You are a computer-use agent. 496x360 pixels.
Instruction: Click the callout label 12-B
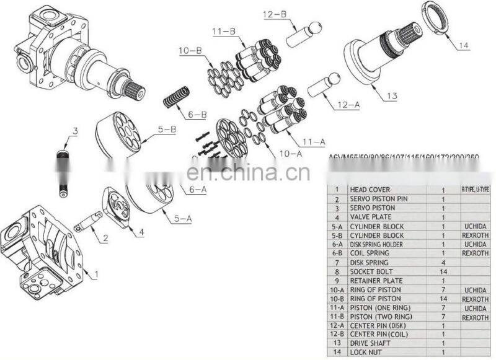pyautogui.click(x=276, y=14)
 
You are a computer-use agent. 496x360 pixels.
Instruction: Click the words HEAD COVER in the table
pyautogui.click(x=371, y=190)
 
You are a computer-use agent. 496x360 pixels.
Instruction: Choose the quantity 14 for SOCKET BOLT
pyautogui.click(x=443, y=271)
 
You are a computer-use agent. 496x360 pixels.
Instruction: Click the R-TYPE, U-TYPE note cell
pyautogui.click(x=475, y=190)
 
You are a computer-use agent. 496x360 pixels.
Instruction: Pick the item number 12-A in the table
pyautogui.click(x=337, y=325)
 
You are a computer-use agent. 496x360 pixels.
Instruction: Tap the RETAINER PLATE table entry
pyautogui.click(x=376, y=280)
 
